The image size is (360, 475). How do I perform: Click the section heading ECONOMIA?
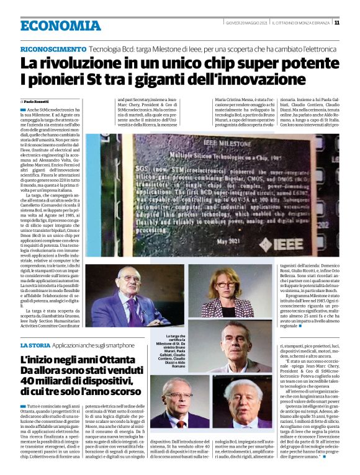click(60, 25)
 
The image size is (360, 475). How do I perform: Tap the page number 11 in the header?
click(336, 23)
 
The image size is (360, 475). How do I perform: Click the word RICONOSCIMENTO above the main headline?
click(53, 49)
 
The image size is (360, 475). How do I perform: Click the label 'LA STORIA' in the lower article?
click(35, 345)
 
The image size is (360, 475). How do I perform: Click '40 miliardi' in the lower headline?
click(47, 380)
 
